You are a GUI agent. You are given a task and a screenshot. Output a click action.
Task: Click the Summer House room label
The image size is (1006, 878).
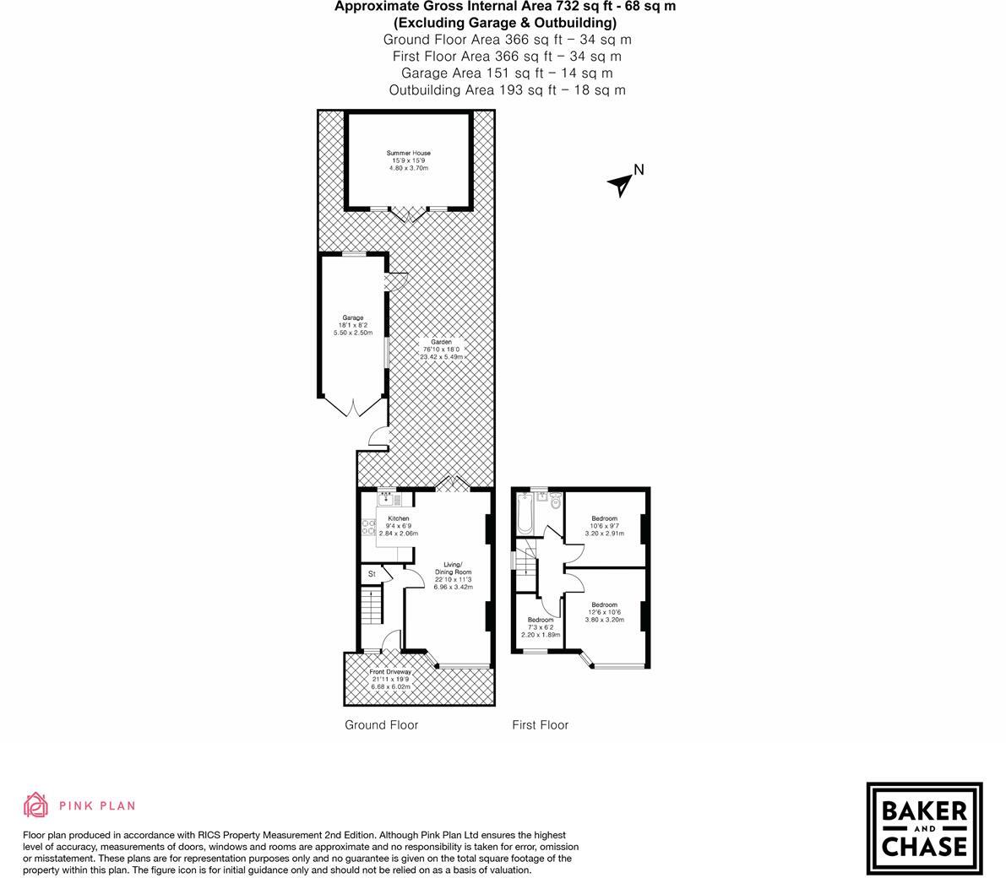tap(409, 160)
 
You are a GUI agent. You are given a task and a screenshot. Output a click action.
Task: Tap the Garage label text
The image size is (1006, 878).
tap(353, 325)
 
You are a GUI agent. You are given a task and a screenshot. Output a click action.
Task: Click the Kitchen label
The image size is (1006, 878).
tap(398, 526)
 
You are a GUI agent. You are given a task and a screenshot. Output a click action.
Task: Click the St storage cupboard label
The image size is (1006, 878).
tap(371, 574)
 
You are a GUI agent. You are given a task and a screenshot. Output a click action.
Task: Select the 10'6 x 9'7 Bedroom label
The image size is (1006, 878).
tap(604, 526)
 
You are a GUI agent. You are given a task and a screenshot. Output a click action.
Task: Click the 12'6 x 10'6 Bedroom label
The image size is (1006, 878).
tap(604, 612)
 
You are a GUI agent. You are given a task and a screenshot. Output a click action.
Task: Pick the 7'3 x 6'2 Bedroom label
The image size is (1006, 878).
tap(541, 627)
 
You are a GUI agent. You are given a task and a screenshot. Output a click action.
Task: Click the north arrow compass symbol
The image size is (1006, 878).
tap(623, 182)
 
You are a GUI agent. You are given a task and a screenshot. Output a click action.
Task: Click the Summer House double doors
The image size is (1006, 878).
tap(410, 214)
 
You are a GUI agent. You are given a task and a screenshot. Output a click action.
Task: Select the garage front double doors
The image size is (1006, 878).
tap(354, 407)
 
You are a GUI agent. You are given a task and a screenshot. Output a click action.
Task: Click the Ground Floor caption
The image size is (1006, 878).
tap(381, 724)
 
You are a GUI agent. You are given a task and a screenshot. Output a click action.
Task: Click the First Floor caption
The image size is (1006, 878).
tap(540, 724)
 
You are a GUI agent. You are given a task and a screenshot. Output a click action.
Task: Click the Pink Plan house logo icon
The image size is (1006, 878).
tap(35, 805)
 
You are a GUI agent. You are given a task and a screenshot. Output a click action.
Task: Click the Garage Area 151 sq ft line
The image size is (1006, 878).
tap(507, 73)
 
